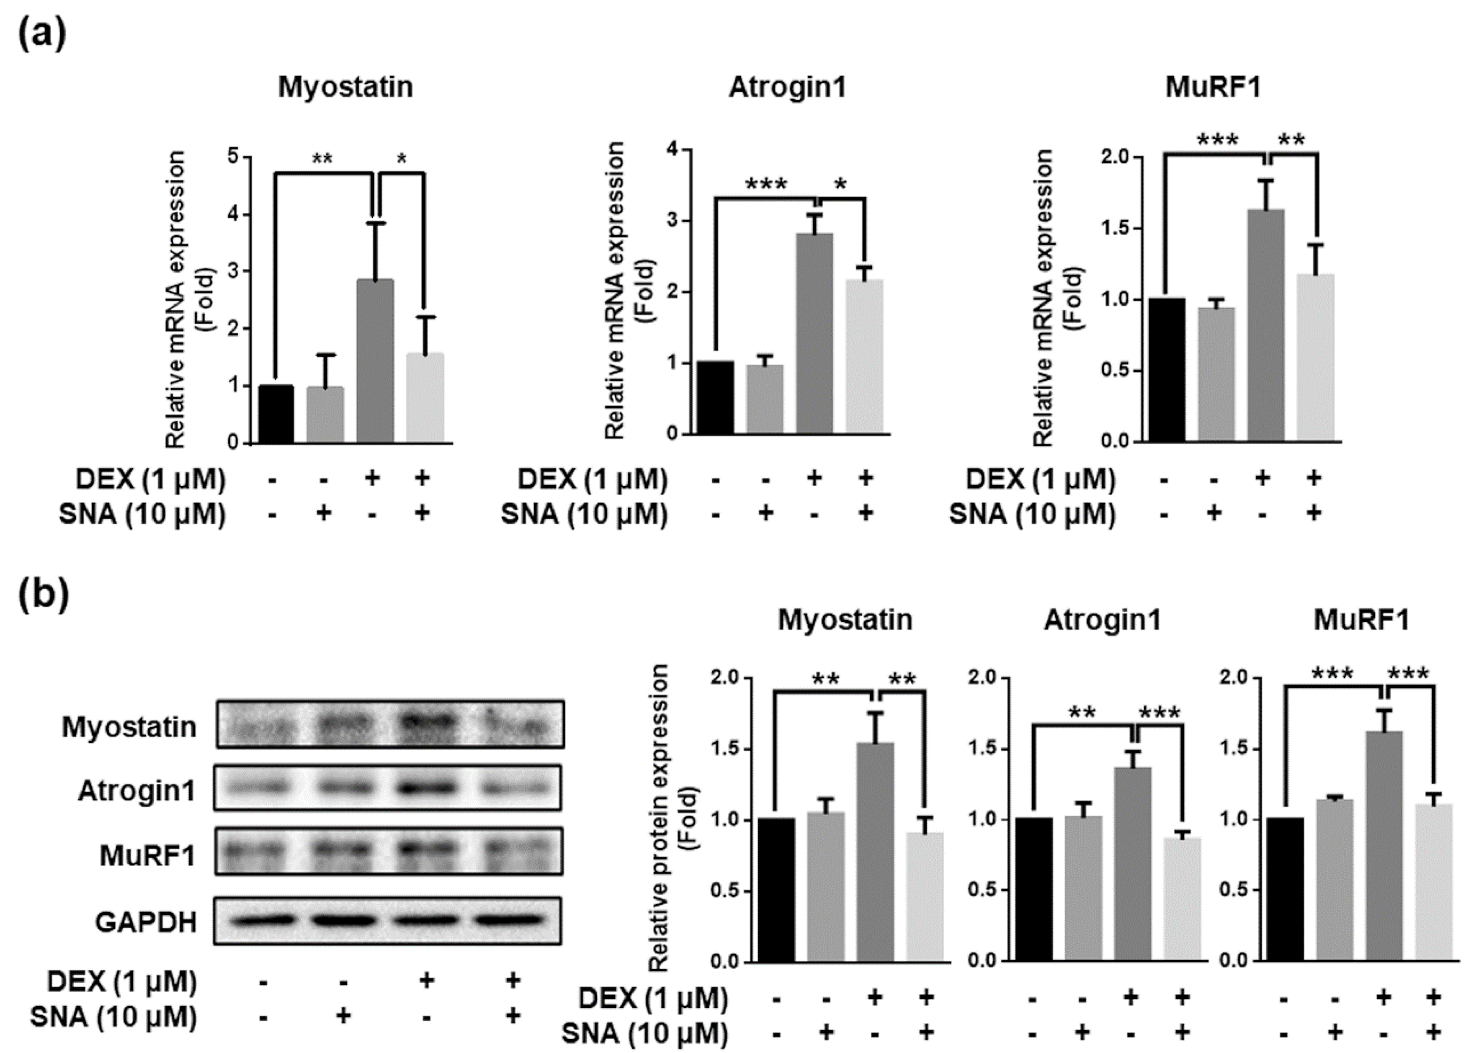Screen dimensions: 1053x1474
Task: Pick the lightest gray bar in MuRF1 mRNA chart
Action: click(x=1316, y=358)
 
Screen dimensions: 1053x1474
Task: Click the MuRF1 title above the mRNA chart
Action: click(x=1213, y=87)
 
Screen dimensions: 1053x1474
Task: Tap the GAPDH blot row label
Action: click(x=146, y=922)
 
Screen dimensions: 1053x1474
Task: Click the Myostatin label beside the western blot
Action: click(x=129, y=727)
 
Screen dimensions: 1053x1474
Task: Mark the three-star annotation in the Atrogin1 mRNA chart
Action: click(x=766, y=184)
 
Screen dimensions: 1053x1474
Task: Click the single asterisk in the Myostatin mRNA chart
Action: click(x=402, y=159)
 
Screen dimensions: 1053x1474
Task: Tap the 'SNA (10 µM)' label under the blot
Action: click(x=113, y=1017)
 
